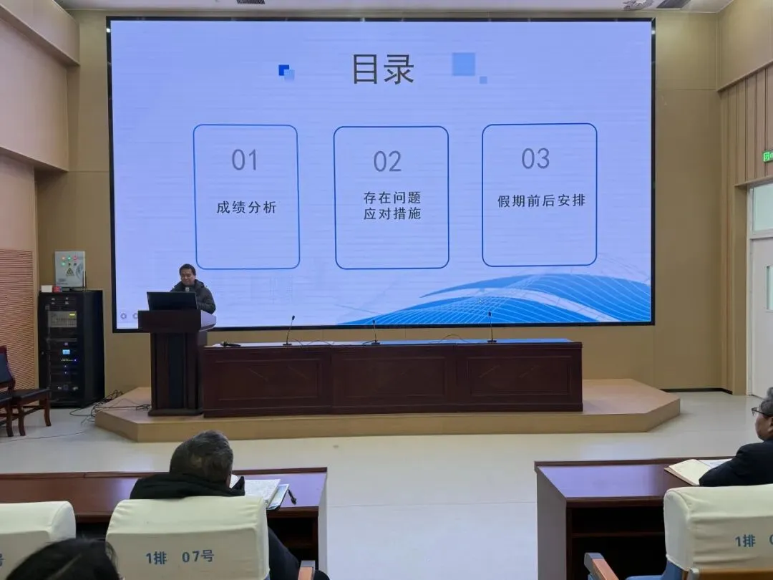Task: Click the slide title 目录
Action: [x=383, y=69]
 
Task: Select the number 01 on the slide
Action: [x=244, y=160]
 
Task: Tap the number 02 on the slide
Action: [x=387, y=162]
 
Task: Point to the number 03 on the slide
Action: [x=535, y=158]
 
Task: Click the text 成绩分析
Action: [x=246, y=208]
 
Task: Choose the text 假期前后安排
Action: [x=541, y=201]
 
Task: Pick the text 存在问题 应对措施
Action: [x=392, y=206]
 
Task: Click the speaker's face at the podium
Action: [x=188, y=274]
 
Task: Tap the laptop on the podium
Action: [x=172, y=301]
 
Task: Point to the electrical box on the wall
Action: [x=69, y=269]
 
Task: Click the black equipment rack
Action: [x=71, y=347]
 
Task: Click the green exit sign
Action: [x=767, y=155]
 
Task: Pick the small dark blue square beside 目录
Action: [x=284, y=70]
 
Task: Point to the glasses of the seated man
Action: [x=761, y=412]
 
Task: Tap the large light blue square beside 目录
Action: [x=463, y=64]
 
